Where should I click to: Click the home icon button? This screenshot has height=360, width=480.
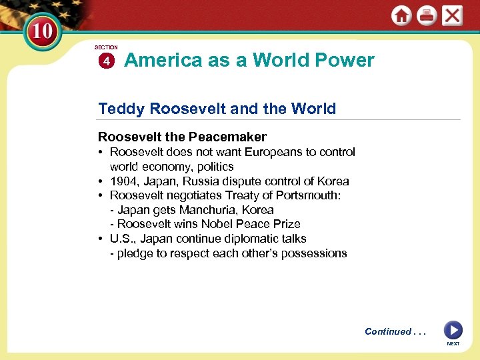point(401,16)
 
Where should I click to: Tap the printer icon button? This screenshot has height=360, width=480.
point(427,16)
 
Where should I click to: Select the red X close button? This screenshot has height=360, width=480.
point(452,16)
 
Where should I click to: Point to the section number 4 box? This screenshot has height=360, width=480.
point(106,61)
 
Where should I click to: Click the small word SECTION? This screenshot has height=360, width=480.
point(106,47)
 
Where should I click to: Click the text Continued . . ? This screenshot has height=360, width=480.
point(387,331)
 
